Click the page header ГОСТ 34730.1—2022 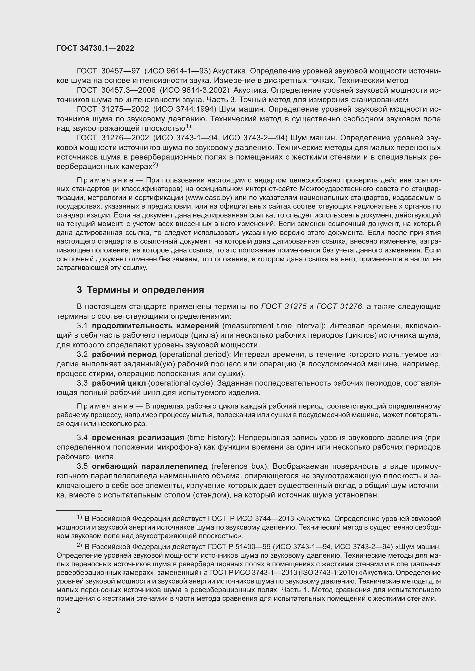(95, 48)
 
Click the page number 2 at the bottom (59, 610)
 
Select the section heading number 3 (79, 290)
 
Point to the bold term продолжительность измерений (155, 326)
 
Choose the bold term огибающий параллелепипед (150, 466)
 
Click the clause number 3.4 (82, 437)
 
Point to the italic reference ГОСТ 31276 (339, 307)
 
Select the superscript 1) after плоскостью (188, 127)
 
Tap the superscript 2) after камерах (155, 165)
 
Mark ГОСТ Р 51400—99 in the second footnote (233, 546)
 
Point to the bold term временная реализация (138, 437)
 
